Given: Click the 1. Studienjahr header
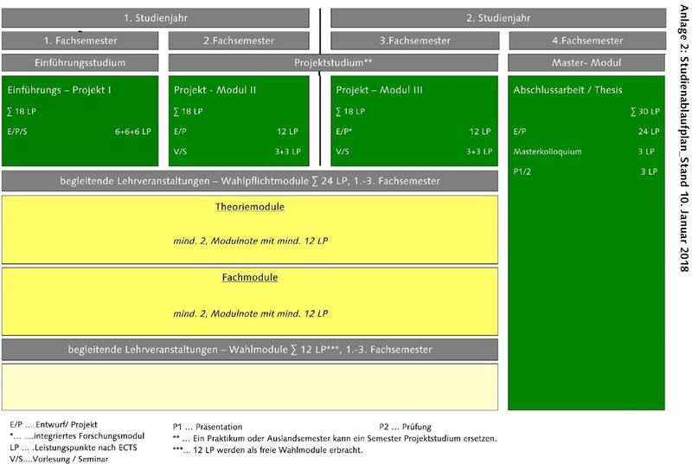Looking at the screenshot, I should point(156,17).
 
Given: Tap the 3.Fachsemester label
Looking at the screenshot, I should point(414,40).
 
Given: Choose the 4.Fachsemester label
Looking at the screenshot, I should point(586,40).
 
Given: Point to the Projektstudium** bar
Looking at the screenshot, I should point(333,62).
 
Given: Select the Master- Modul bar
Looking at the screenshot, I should point(586,62).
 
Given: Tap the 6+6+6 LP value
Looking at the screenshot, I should point(132,132).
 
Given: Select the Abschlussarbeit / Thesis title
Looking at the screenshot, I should point(567,89).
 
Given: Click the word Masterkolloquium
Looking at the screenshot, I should point(547,151).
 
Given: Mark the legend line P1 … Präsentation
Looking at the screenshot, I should point(208,426).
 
